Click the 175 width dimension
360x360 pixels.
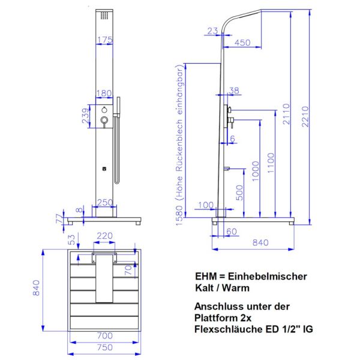point(104,40)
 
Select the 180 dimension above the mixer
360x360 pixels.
point(104,94)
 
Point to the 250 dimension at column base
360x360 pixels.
point(104,203)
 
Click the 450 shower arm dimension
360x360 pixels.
point(242,43)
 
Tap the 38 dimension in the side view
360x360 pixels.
point(234,91)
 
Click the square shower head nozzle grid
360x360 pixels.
point(104,14)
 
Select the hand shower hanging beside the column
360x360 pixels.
point(118,138)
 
